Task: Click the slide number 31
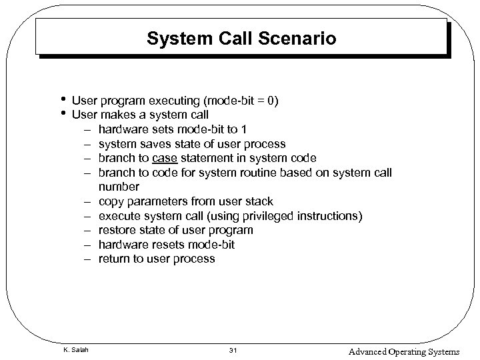click(233, 351)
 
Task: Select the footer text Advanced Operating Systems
click(403, 351)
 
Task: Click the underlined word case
click(165, 158)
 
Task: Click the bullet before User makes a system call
click(62, 113)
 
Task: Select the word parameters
click(160, 201)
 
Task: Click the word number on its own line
click(119, 187)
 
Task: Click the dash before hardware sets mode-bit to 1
click(87, 129)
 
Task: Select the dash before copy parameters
click(87, 201)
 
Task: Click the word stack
click(259, 201)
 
